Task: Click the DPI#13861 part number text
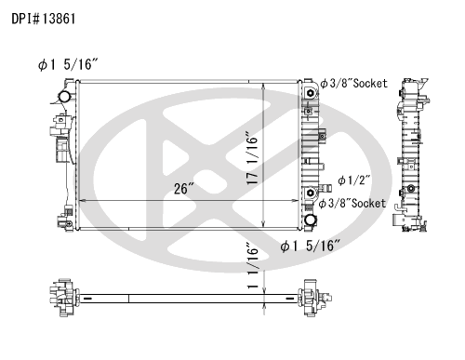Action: click(44, 19)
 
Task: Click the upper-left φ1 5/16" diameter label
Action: click(68, 64)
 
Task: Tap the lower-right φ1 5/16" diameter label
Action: click(311, 246)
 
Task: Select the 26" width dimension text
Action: click(184, 188)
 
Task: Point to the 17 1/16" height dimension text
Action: click(252, 158)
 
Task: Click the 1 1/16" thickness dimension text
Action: click(253, 265)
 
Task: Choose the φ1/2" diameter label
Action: click(354, 180)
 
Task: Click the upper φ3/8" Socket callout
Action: click(353, 83)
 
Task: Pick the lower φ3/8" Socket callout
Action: click(352, 204)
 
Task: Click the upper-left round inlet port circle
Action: click(65, 97)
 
